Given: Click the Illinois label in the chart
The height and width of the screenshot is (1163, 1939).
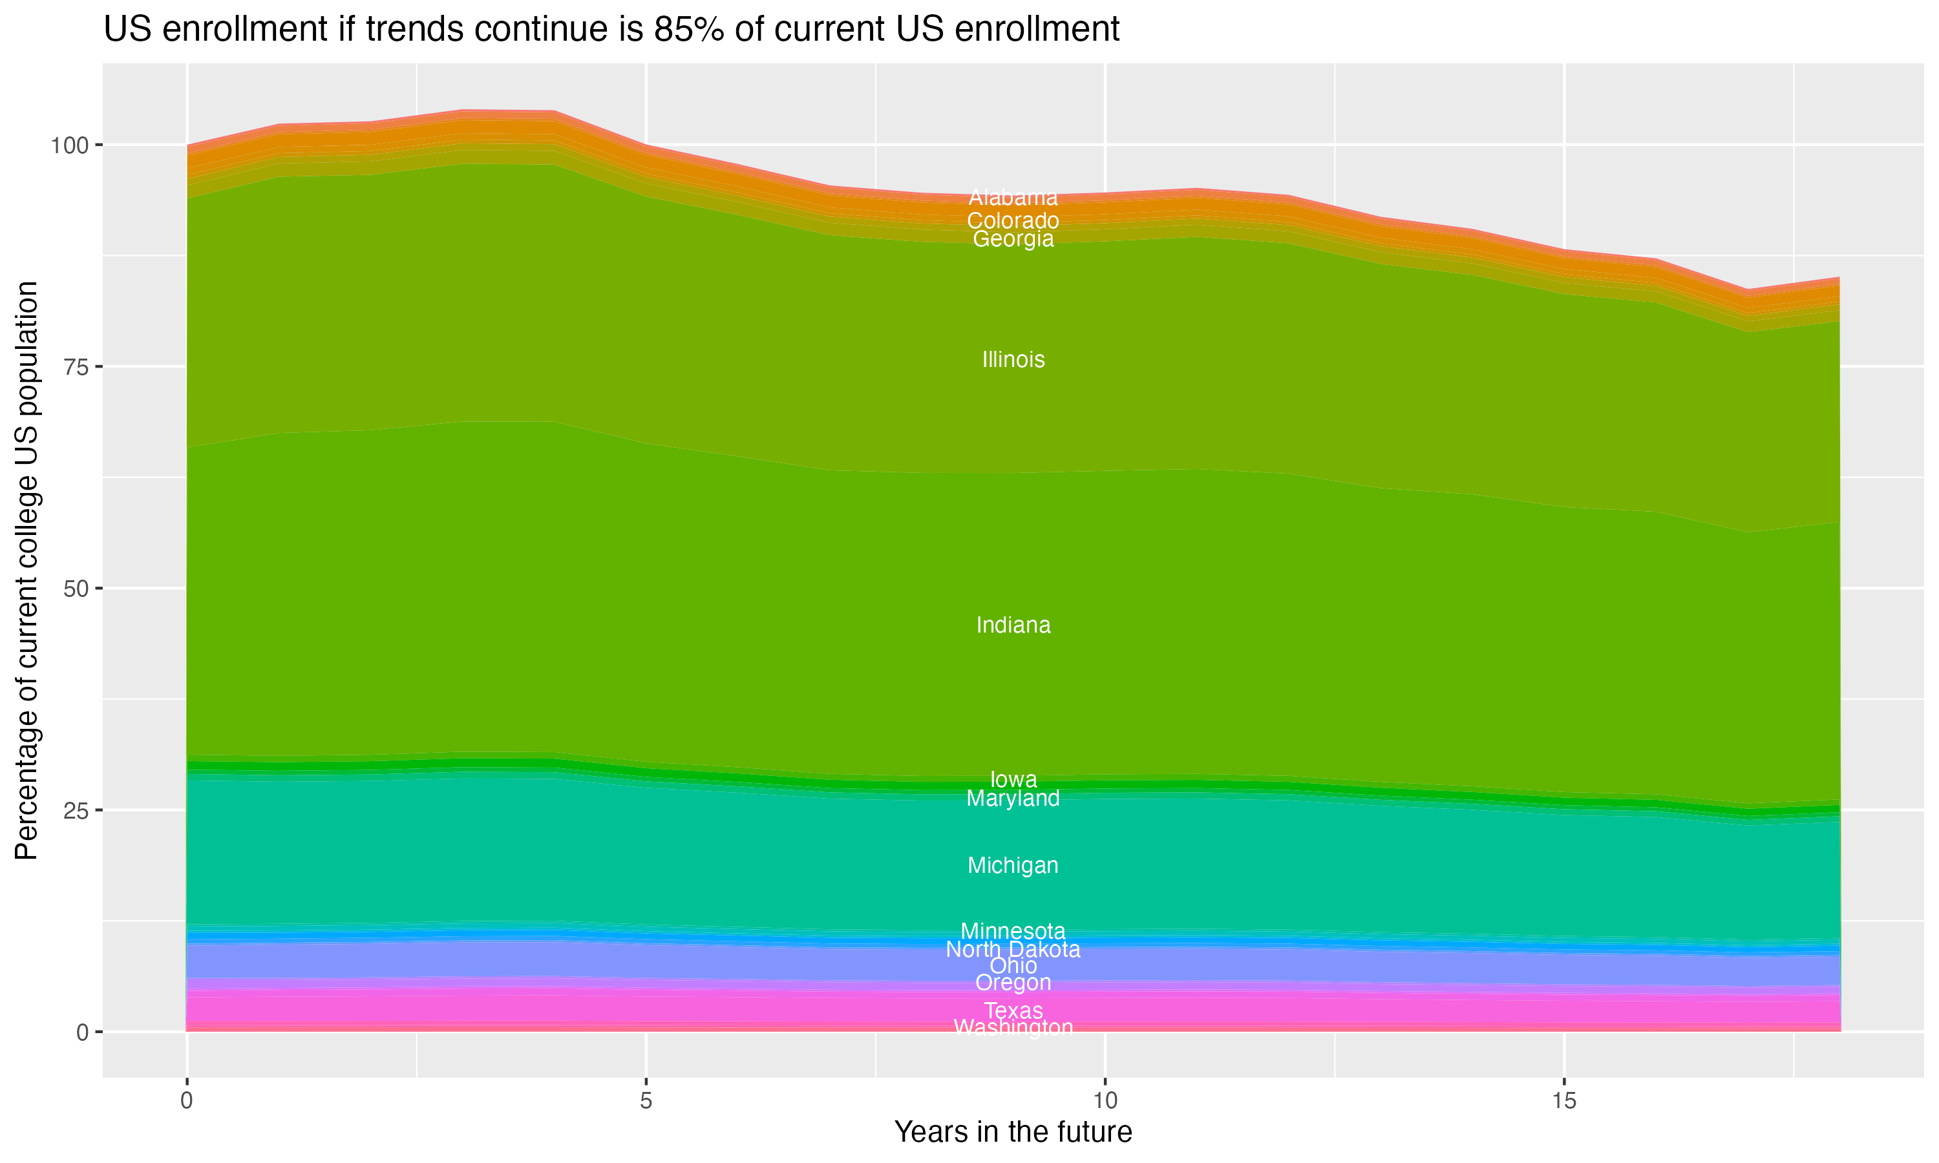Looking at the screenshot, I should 1013,360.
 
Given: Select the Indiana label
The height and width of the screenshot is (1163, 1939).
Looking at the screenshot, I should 1013,625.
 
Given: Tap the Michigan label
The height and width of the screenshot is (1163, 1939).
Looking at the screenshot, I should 1013,865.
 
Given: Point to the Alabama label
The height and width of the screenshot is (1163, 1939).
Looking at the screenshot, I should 1013,198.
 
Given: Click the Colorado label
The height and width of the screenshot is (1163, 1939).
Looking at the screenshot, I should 1013,221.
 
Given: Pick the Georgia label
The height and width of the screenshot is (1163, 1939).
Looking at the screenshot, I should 1013,239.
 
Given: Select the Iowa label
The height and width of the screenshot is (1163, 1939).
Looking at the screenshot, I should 1013,779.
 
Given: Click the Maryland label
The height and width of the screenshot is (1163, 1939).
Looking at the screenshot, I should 1013,799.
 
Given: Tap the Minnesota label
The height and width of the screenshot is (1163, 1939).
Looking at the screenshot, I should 1013,931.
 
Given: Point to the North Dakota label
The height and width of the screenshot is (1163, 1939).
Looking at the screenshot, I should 1013,950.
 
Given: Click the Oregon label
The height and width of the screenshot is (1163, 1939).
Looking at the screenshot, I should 1013,983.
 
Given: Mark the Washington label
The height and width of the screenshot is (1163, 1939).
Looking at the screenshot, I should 1013,1027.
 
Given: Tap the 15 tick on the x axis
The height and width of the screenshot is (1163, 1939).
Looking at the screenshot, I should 1563,1101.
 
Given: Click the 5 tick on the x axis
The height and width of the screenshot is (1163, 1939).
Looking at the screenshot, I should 646,1101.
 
